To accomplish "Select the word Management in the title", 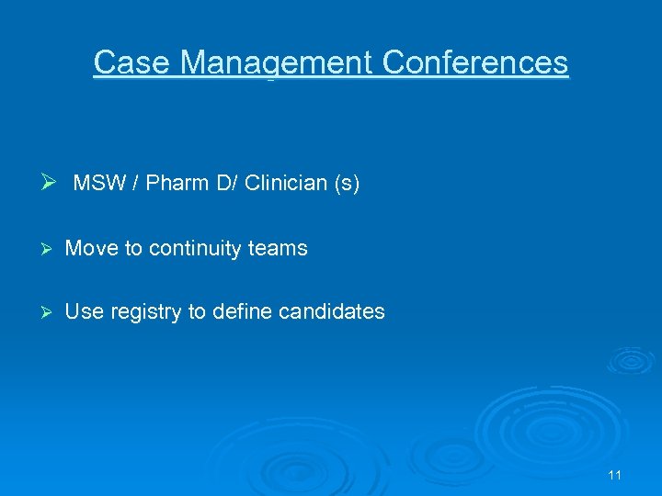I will coord(277,62).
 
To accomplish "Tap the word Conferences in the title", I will coord(475,62).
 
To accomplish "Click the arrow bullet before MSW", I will coord(51,183).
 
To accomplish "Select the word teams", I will coord(277,248).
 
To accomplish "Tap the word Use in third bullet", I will coord(85,311).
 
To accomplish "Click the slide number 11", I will coord(615,475).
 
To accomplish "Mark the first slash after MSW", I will coord(134,184).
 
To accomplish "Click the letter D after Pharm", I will coord(211,184).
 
